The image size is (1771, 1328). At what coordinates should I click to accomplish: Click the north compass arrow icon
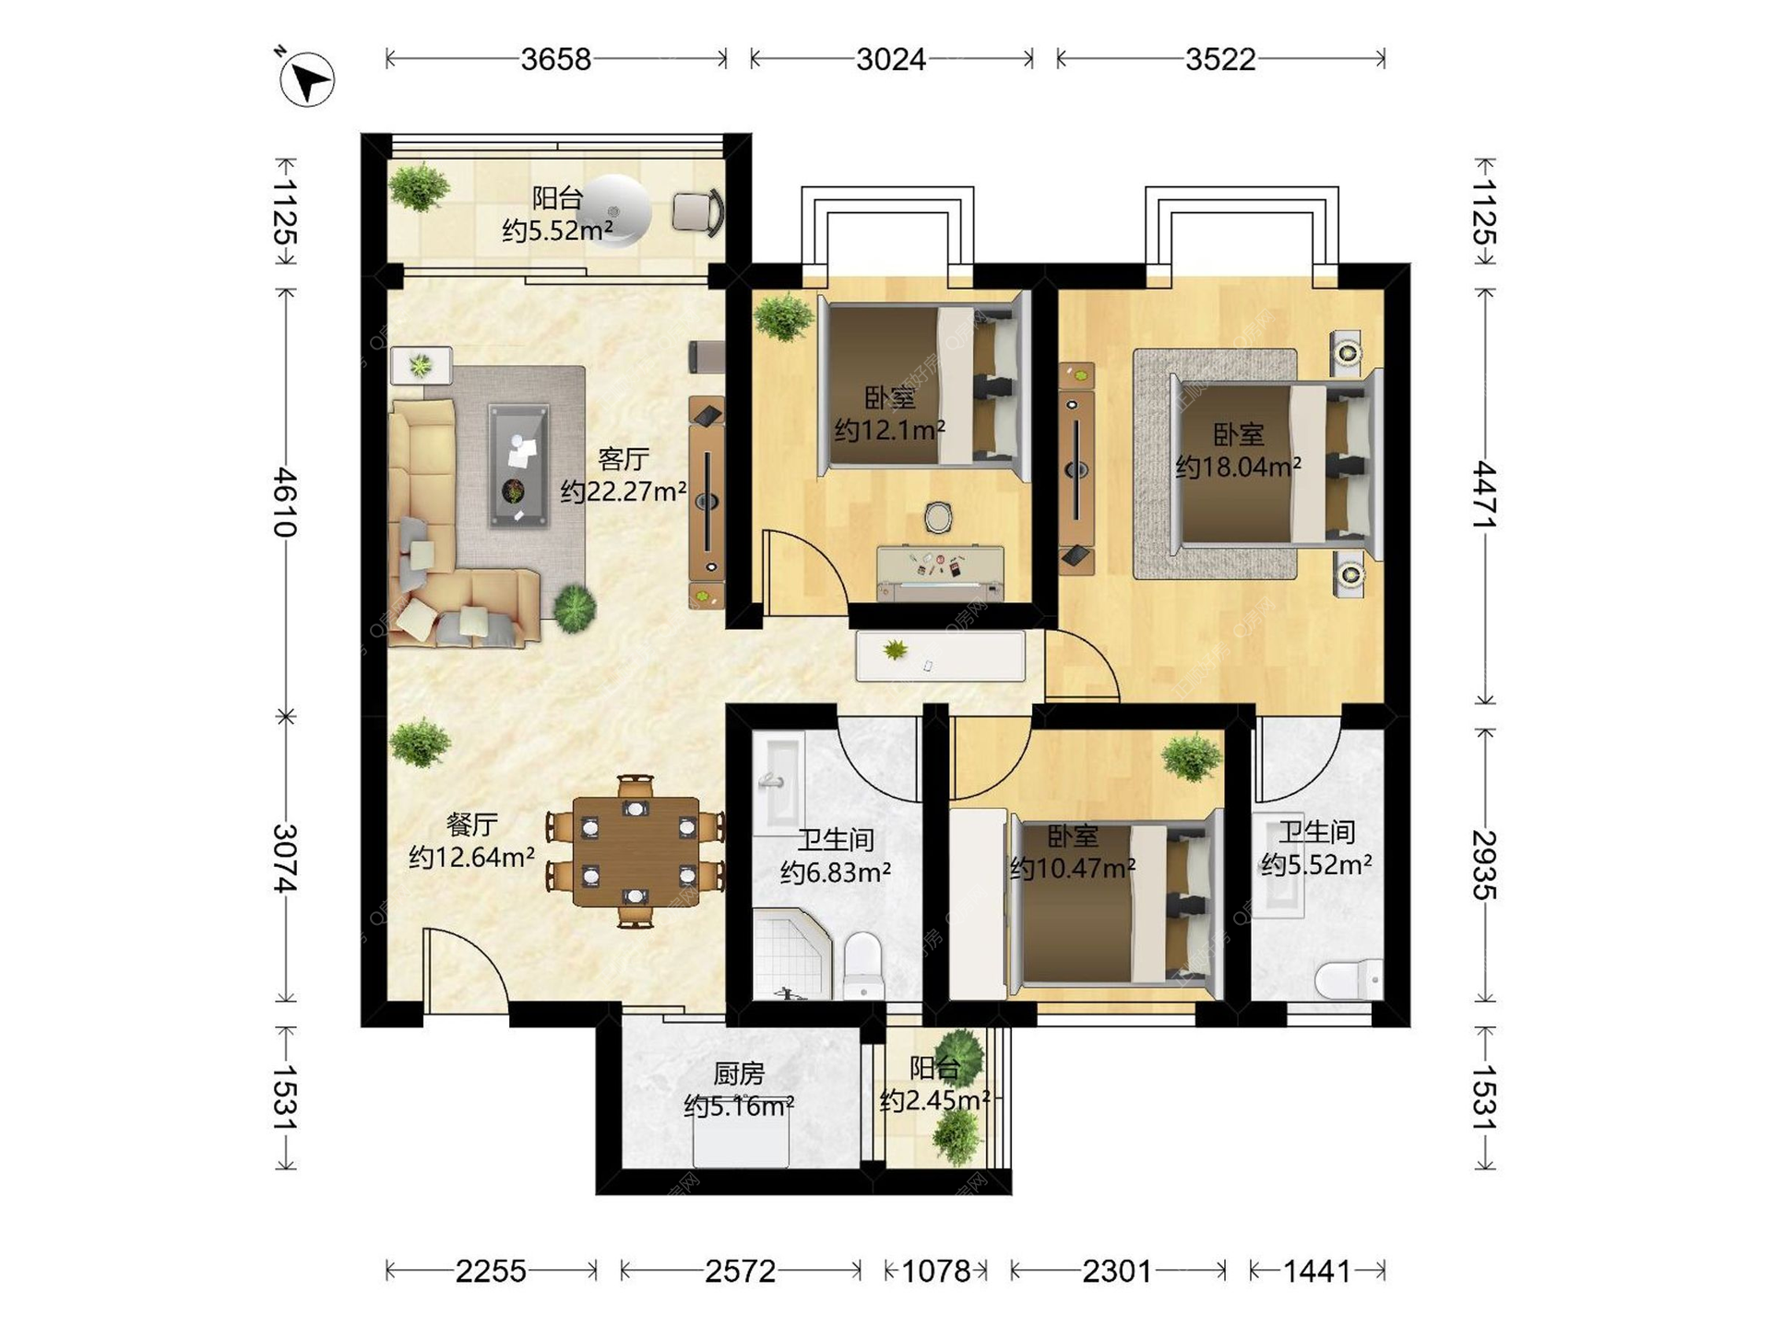coord(306,79)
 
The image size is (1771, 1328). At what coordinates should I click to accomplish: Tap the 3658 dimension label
coord(555,60)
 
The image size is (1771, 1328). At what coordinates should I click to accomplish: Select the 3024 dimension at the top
coord(891,60)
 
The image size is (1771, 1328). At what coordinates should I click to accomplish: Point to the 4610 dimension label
coord(286,503)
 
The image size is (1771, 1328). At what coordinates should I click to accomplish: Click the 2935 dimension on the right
coord(1484,864)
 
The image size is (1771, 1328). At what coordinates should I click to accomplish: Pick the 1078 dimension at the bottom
coord(936,1272)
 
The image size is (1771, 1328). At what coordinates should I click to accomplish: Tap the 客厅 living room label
coord(624,458)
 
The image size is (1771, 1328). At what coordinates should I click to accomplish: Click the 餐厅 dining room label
coord(472,824)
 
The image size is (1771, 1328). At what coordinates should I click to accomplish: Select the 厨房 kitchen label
coord(739,1073)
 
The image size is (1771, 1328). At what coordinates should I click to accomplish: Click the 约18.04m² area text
coord(1238,467)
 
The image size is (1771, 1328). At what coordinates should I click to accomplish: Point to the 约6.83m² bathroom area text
coord(835,871)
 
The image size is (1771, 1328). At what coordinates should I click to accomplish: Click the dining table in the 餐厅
coord(636,851)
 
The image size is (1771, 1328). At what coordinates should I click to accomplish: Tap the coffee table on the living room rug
coord(518,466)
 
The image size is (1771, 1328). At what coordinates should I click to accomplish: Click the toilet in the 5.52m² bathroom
coord(1349,979)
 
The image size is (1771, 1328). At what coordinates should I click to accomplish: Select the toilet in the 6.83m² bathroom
coord(864,965)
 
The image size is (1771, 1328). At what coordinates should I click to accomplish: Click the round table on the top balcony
coord(616,211)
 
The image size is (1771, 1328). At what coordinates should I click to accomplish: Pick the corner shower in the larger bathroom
coord(792,954)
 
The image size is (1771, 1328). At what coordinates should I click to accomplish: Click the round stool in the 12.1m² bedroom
coord(938,517)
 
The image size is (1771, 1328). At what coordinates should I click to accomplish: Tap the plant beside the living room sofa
coord(575,609)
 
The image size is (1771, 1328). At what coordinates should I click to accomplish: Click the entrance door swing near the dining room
coord(464,968)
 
